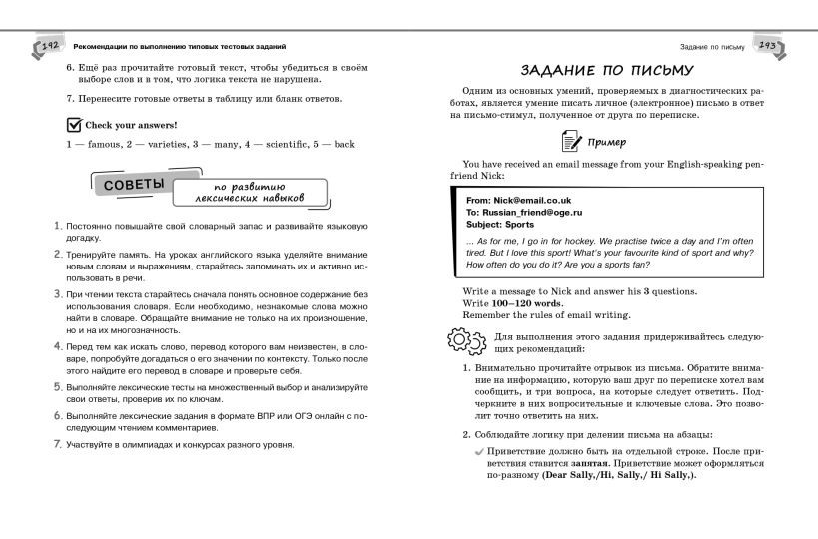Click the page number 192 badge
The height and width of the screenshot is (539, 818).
click(x=51, y=47)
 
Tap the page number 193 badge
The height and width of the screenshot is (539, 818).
click(x=767, y=47)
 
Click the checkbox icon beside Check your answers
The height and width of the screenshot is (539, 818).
click(x=73, y=124)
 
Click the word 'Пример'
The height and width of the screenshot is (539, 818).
click(x=609, y=142)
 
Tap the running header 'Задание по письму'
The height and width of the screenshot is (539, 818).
click(x=712, y=47)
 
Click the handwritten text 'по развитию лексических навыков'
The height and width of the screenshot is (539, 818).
click(x=250, y=192)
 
